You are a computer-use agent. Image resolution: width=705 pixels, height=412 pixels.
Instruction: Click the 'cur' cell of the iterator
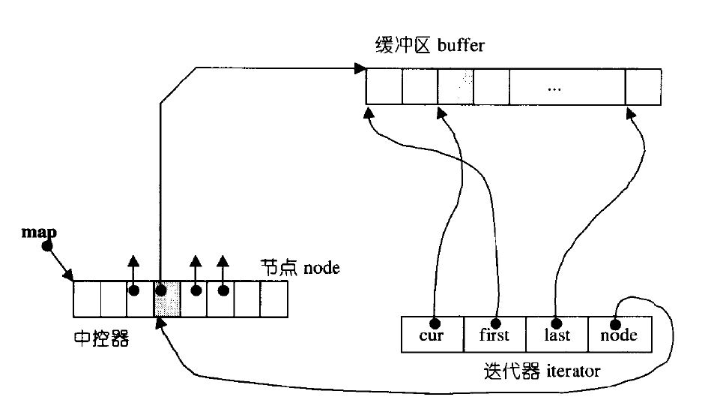(432, 334)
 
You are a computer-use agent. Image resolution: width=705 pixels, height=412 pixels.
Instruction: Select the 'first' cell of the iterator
(494, 334)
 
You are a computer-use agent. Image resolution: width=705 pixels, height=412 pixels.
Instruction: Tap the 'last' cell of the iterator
(557, 334)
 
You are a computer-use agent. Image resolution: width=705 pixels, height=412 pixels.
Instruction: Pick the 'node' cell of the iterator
(619, 334)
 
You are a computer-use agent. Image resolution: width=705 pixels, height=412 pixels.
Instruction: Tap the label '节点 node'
(300, 267)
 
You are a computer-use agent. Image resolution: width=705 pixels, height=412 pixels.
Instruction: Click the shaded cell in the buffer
(456, 86)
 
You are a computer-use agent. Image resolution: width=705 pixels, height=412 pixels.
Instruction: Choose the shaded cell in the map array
(167, 299)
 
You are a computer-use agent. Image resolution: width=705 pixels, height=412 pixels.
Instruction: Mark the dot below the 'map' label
(47, 246)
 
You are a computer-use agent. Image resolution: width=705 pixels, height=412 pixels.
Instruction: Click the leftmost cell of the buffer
(384, 86)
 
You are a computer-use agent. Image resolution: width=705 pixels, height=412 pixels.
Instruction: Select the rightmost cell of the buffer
(643, 86)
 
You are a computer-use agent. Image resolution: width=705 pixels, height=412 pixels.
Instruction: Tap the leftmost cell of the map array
(87, 299)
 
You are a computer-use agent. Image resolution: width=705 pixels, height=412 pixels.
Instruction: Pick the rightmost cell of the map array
(273, 299)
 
